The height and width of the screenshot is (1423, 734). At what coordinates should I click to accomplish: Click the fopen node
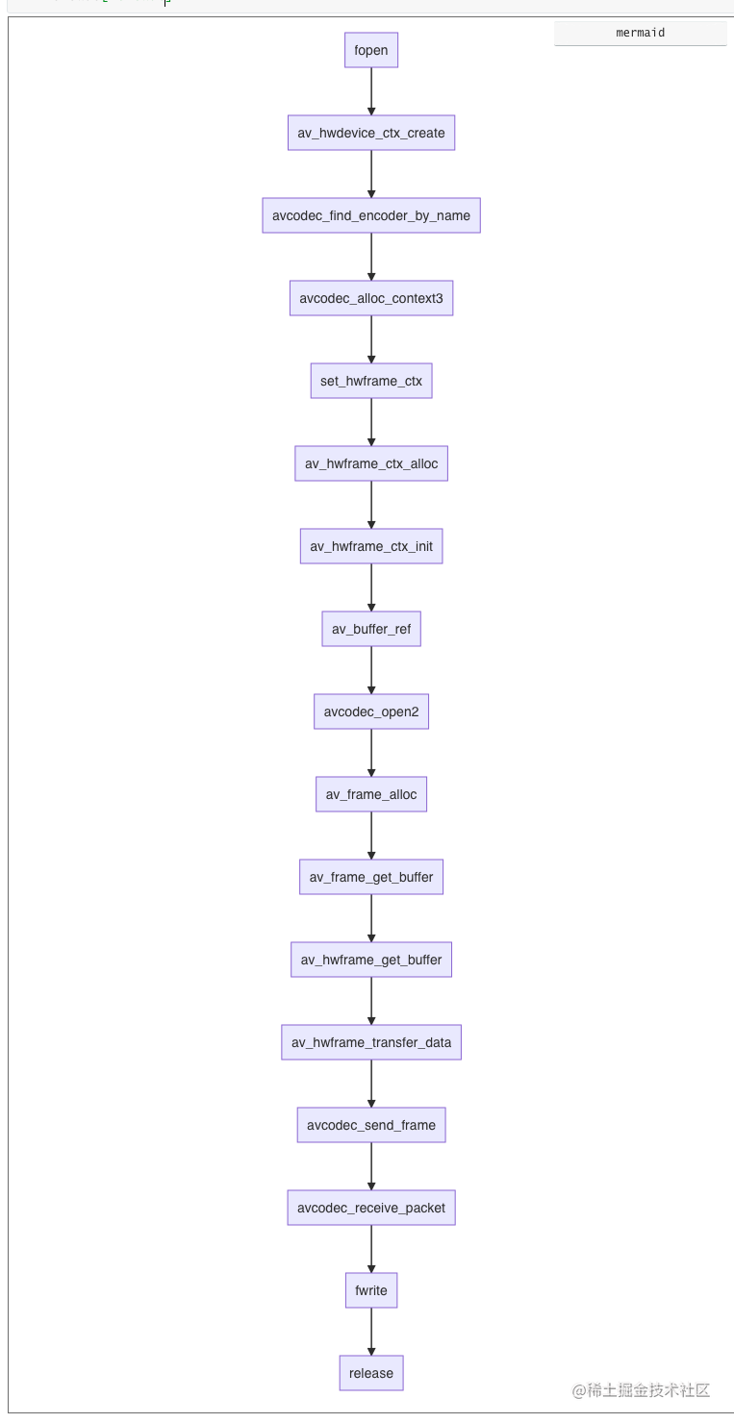pyautogui.click(x=370, y=50)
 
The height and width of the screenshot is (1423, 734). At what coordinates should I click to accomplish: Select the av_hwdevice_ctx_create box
pyautogui.click(x=370, y=133)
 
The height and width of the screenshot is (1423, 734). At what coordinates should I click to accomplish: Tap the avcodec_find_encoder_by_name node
pyautogui.click(x=370, y=215)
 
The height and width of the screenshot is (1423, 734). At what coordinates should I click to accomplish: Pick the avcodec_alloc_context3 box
pyautogui.click(x=370, y=298)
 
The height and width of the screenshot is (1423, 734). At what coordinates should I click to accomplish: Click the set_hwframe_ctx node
pyautogui.click(x=370, y=381)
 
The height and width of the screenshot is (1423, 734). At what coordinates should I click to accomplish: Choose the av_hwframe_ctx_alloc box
pyautogui.click(x=370, y=463)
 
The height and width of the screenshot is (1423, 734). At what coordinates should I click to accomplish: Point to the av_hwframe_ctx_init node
pyautogui.click(x=370, y=546)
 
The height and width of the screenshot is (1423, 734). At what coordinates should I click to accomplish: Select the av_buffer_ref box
pyautogui.click(x=370, y=629)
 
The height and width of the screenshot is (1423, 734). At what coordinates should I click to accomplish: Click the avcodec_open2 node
pyautogui.click(x=370, y=711)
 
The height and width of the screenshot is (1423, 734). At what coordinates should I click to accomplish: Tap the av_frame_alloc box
pyautogui.click(x=370, y=794)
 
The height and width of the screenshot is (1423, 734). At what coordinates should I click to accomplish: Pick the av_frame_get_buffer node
pyautogui.click(x=370, y=877)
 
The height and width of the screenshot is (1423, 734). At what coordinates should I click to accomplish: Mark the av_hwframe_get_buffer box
pyautogui.click(x=370, y=960)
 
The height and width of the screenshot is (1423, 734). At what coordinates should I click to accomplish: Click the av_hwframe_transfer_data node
pyautogui.click(x=370, y=1042)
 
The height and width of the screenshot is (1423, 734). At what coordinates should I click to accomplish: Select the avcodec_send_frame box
pyautogui.click(x=370, y=1125)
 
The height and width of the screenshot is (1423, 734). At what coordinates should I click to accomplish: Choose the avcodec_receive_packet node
pyautogui.click(x=370, y=1208)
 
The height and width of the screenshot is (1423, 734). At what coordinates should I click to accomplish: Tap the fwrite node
pyautogui.click(x=370, y=1290)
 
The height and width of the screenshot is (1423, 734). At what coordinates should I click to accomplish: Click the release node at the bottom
pyautogui.click(x=370, y=1373)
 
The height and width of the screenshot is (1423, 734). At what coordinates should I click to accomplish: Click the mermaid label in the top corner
pyautogui.click(x=640, y=33)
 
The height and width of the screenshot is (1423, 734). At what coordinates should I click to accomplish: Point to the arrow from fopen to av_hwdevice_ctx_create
pyautogui.click(x=371, y=91)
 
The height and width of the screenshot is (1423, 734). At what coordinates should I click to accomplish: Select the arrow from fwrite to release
pyautogui.click(x=371, y=1332)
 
